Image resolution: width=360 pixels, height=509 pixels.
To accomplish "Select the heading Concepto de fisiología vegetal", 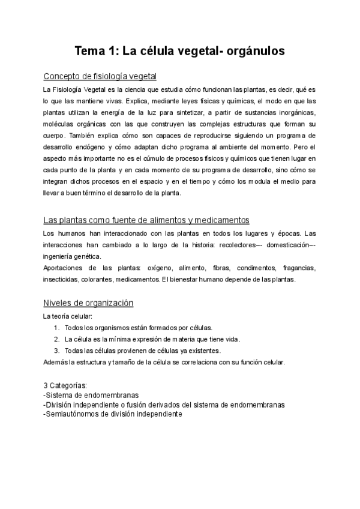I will (100, 77).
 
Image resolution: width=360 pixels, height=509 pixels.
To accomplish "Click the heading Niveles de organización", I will (88, 303).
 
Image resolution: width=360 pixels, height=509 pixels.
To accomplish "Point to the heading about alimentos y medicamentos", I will (146, 220).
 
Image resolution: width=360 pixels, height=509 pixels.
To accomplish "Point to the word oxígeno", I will (155, 268).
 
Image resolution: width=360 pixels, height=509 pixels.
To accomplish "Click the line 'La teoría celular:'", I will (68, 316).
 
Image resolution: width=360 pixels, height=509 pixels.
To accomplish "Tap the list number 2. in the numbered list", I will (56, 339).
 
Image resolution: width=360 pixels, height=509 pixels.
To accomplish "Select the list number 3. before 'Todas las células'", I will (56, 351).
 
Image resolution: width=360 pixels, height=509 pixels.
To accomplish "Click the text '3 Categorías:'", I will (65, 385).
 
